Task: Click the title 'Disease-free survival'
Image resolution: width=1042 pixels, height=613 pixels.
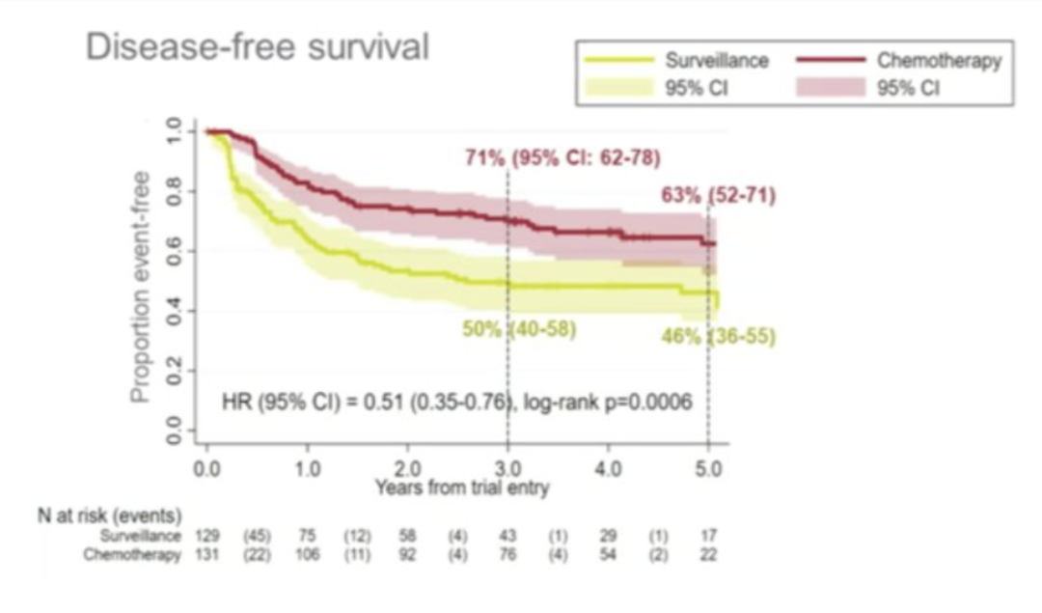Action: (x=257, y=46)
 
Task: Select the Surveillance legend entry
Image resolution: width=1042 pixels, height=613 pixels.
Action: (x=716, y=60)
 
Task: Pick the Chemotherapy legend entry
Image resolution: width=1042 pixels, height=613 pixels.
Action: (x=939, y=60)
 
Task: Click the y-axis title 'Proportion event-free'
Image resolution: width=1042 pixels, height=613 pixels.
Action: (x=142, y=286)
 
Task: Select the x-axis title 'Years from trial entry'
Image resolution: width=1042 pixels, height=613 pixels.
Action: (x=461, y=488)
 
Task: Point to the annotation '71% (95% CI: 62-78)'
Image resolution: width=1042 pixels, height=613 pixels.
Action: (x=558, y=158)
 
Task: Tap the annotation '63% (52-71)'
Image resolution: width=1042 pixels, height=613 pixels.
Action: (x=718, y=196)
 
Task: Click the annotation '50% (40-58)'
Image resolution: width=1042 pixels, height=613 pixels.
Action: (x=519, y=329)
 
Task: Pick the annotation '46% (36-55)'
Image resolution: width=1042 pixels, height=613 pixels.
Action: (x=719, y=337)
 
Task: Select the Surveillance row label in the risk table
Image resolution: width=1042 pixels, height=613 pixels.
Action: (x=140, y=535)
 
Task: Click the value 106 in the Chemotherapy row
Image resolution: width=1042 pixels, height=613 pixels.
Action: (x=307, y=555)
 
